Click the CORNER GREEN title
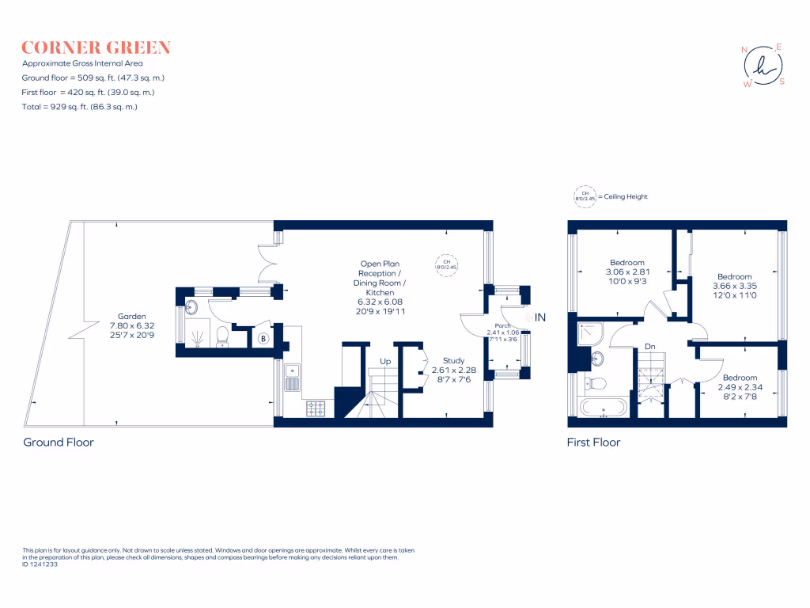coord(96,47)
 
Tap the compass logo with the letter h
coord(763,66)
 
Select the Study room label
coord(454,361)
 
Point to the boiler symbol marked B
coord(263,340)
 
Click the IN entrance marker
coord(541,317)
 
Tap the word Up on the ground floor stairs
coord(385,361)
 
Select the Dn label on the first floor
coord(650,347)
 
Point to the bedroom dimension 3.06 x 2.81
coord(626,272)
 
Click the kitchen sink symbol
coord(292,377)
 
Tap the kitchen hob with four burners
coord(316,408)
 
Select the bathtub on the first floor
coord(604,408)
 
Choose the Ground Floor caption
coord(59,443)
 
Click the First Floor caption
coord(593,443)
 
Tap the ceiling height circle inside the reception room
coord(446,265)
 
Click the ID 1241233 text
coord(40,564)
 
